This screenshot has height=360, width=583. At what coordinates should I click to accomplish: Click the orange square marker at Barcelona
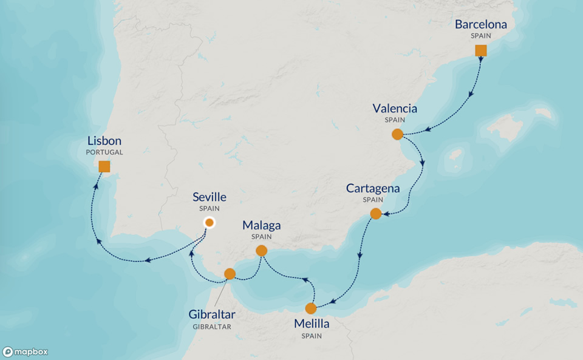click(x=480, y=50)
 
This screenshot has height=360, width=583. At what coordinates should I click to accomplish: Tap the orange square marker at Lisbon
click(x=104, y=166)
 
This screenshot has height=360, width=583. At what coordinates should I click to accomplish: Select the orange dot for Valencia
click(x=398, y=134)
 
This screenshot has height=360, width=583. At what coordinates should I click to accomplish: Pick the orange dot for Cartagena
click(x=376, y=214)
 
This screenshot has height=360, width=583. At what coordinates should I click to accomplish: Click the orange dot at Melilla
click(x=311, y=308)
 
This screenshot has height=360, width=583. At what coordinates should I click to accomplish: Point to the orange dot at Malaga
click(x=262, y=250)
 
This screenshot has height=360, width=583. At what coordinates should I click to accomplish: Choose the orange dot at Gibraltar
click(x=230, y=274)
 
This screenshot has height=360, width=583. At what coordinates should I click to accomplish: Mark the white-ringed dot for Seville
click(x=209, y=223)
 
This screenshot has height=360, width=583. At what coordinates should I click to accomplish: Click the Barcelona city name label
click(x=480, y=25)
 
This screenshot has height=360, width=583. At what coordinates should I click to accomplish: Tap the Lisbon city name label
click(x=104, y=141)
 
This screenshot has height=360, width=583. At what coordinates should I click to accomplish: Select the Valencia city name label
click(x=395, y=109)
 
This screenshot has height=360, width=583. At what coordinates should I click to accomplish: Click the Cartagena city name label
click(x=373, y=188)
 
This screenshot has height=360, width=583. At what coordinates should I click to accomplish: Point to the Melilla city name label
click(x=311, y=324)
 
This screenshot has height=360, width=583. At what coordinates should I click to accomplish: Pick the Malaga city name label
click(x=262, y=225)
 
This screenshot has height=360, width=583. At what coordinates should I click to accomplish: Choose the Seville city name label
click(x=209, y=197)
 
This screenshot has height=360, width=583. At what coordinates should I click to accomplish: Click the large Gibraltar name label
click(x=212, y=314)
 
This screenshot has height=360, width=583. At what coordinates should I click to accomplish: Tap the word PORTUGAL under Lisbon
click(x=104, y=152)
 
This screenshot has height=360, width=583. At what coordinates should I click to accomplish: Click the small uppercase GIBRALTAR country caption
click(x=212, y=327)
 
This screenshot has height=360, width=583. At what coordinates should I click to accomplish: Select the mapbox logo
click(x=26, y=352)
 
